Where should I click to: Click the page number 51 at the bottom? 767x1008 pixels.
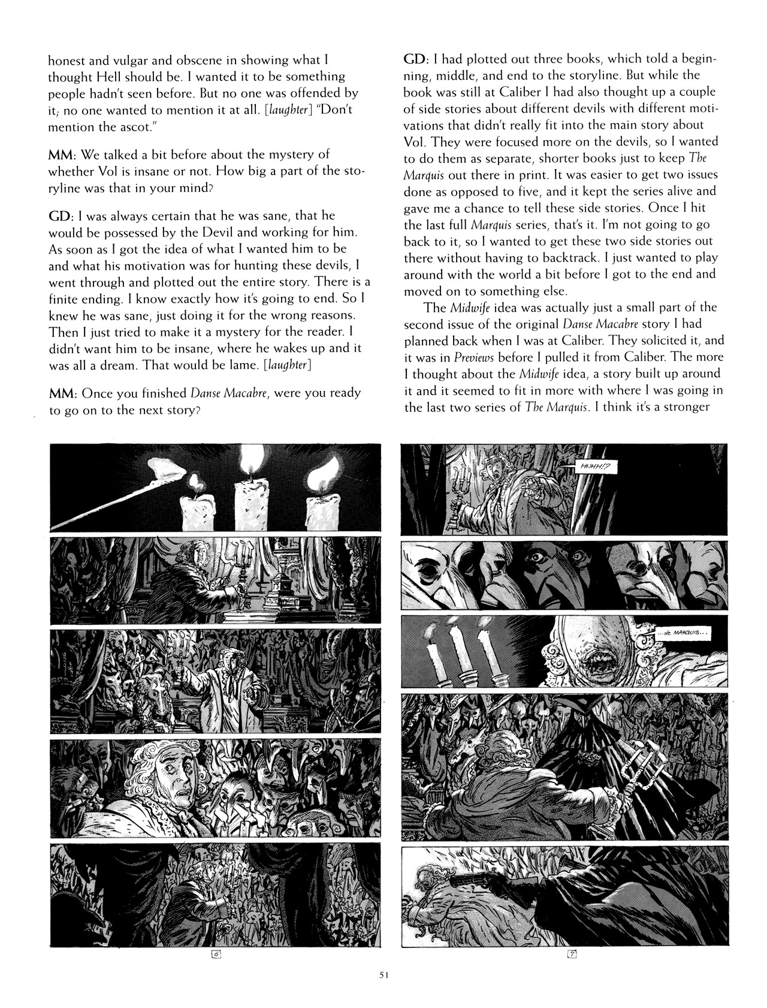pos(384,975)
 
